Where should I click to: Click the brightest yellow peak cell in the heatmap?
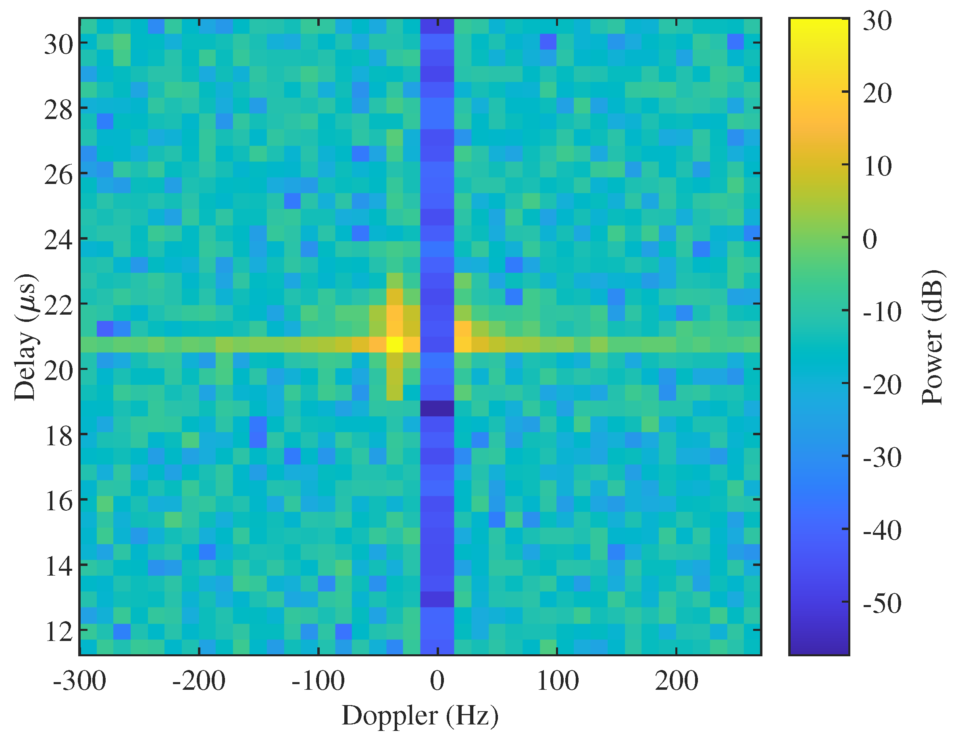coord(395,344)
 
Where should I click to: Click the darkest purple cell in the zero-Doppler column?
coord(437,408)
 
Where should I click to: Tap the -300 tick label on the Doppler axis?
coord(79,680)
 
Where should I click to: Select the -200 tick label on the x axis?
coord(199,680)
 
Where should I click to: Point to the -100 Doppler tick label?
coord(318,680)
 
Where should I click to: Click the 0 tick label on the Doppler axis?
coord(437,680)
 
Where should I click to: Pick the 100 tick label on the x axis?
coord(557,680)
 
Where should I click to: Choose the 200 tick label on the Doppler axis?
coord(677,680)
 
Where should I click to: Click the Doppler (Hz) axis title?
coord(420,716)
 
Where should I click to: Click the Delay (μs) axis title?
coord(25,337)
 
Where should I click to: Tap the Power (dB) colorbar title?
coord(932,337)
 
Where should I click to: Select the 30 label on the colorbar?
coord(877,21)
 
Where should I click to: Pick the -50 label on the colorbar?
coord(882,603)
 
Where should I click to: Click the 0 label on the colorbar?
coord(870,239)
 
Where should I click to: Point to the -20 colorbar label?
coord(882,385)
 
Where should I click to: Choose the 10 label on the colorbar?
coord(877,167)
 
